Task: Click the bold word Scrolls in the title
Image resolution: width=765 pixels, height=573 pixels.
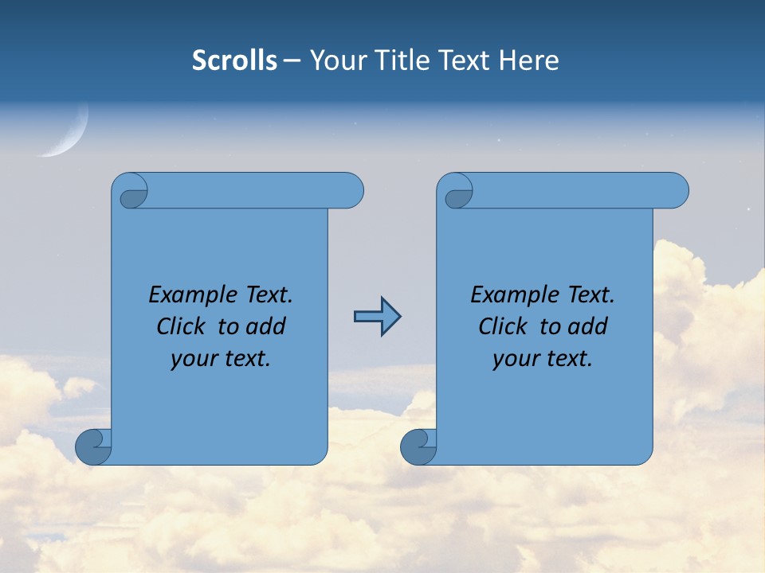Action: coord(234,60)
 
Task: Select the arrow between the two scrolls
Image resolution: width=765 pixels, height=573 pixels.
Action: coord(377,317)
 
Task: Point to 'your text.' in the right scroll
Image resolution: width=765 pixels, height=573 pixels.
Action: coord(543,358)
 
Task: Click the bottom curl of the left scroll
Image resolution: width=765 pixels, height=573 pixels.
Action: coord(93,446)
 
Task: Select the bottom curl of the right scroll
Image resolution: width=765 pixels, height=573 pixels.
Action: coord(418,446)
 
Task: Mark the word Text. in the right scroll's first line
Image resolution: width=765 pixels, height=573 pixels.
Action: coord(590,294)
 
